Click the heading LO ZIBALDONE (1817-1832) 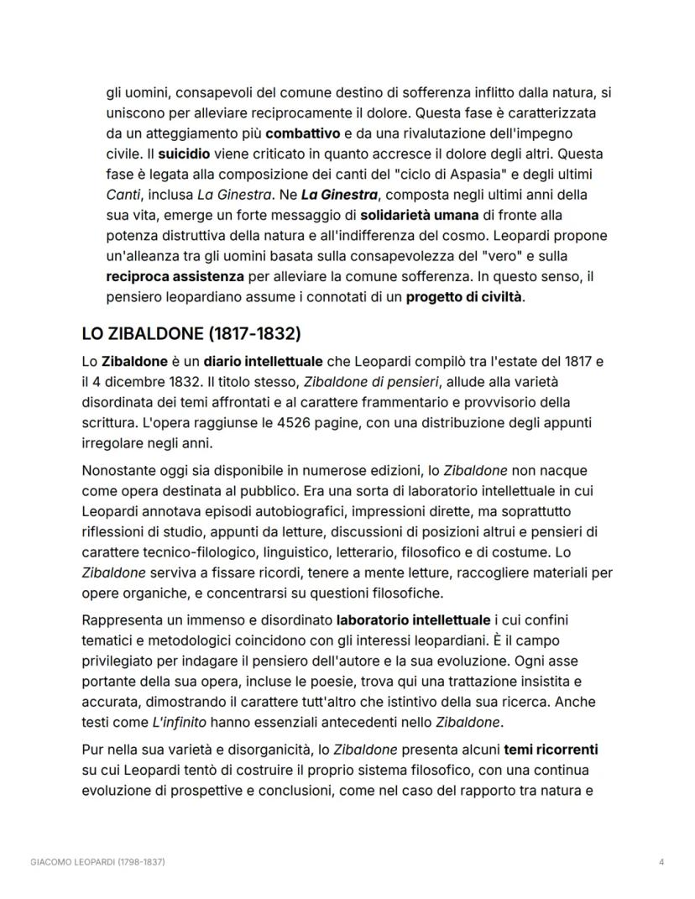pyautogui.click(x=191, y=333)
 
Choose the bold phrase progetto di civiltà pyautogui.click(x=464, y=296)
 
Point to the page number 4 pyautogui.click(x=662, y=862)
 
